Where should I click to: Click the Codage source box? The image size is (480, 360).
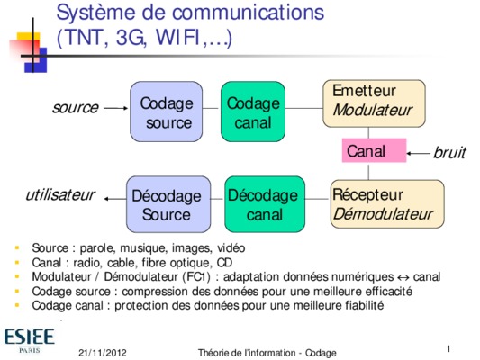[x=167, y=112]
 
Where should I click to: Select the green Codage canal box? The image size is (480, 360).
[x=253, y=112]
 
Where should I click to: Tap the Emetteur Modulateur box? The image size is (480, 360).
[x=374, y=103]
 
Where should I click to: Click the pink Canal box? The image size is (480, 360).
[x=374, y=150]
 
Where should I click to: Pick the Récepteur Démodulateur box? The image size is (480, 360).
[x=387, y=204]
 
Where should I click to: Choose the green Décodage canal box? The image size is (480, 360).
[x=265, y=204]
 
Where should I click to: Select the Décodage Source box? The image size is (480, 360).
[x=168, y=204]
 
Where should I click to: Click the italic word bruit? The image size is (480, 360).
[x=449, y=152]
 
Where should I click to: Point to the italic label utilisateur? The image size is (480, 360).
[x=60, y=194]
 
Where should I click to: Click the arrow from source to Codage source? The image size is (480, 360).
[x=116, y=108]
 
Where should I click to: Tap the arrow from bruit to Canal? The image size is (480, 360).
[x=418, y=153]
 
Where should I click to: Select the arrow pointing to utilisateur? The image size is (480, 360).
[x=115, y=199]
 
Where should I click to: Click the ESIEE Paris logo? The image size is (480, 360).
[x=30, y=341]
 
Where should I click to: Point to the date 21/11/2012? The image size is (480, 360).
[x=103, y=353]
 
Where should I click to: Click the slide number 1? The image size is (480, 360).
[x=448, y=348]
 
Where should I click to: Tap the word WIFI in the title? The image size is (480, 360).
[x=177, y=38]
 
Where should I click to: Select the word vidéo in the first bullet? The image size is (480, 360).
[x=231, y=247]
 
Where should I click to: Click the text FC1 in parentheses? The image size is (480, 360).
[x=196, y=277]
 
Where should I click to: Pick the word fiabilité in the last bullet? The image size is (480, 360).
[x=365, y=305]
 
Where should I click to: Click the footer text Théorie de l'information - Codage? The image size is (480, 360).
[x=267, y=353]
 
